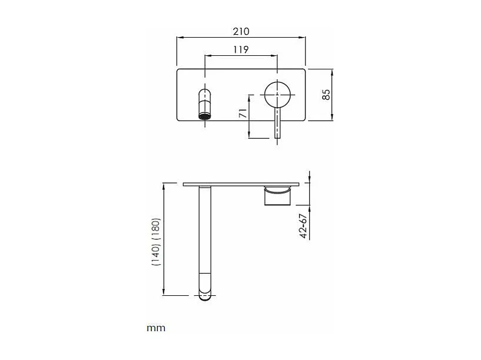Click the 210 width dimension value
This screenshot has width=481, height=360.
click(x=241, y=31)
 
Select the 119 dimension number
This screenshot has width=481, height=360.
click(x=241, y=49)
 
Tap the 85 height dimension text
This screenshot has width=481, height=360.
click(x=326, y=94)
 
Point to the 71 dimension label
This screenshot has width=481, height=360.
click(x=243, y=113)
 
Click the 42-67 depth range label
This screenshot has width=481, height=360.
click(x=303, y=226)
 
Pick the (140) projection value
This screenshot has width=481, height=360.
click(x=156, y=254)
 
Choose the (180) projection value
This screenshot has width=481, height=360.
click(x=156, y=229)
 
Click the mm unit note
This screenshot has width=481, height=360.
click(x=156, y=328)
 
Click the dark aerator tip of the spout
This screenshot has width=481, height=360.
click(x=205, y=116)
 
